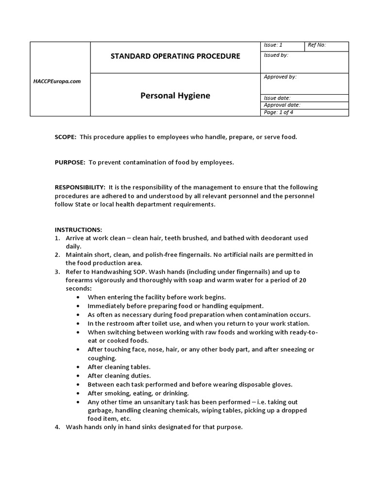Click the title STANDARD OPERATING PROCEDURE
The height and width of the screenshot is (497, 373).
coord(175,56)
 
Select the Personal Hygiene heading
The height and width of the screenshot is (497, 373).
coord(175,96)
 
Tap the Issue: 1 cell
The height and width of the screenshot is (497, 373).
coord(273,45)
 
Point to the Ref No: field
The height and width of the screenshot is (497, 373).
coord(317,45)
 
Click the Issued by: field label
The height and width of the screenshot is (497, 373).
coord(276,55)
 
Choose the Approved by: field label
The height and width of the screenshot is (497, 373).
coord(280,77)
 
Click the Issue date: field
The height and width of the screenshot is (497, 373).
coord(277,98)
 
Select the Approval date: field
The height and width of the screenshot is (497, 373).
coord(282,105)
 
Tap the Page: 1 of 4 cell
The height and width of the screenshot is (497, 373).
coord(278,112)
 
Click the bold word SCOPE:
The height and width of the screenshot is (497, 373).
coord(66,137)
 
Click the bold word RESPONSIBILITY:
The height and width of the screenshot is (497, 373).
coord(80,187)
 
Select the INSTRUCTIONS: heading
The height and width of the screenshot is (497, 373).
coord(78,230)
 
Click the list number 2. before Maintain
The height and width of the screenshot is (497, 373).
coord(57,255)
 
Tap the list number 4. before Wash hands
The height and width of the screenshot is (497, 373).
coord(57,427)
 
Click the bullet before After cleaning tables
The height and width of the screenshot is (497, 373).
coord(79,367)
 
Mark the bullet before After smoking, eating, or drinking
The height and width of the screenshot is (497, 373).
coord(79,393)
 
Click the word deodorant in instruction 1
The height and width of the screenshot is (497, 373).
coord(264,238)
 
